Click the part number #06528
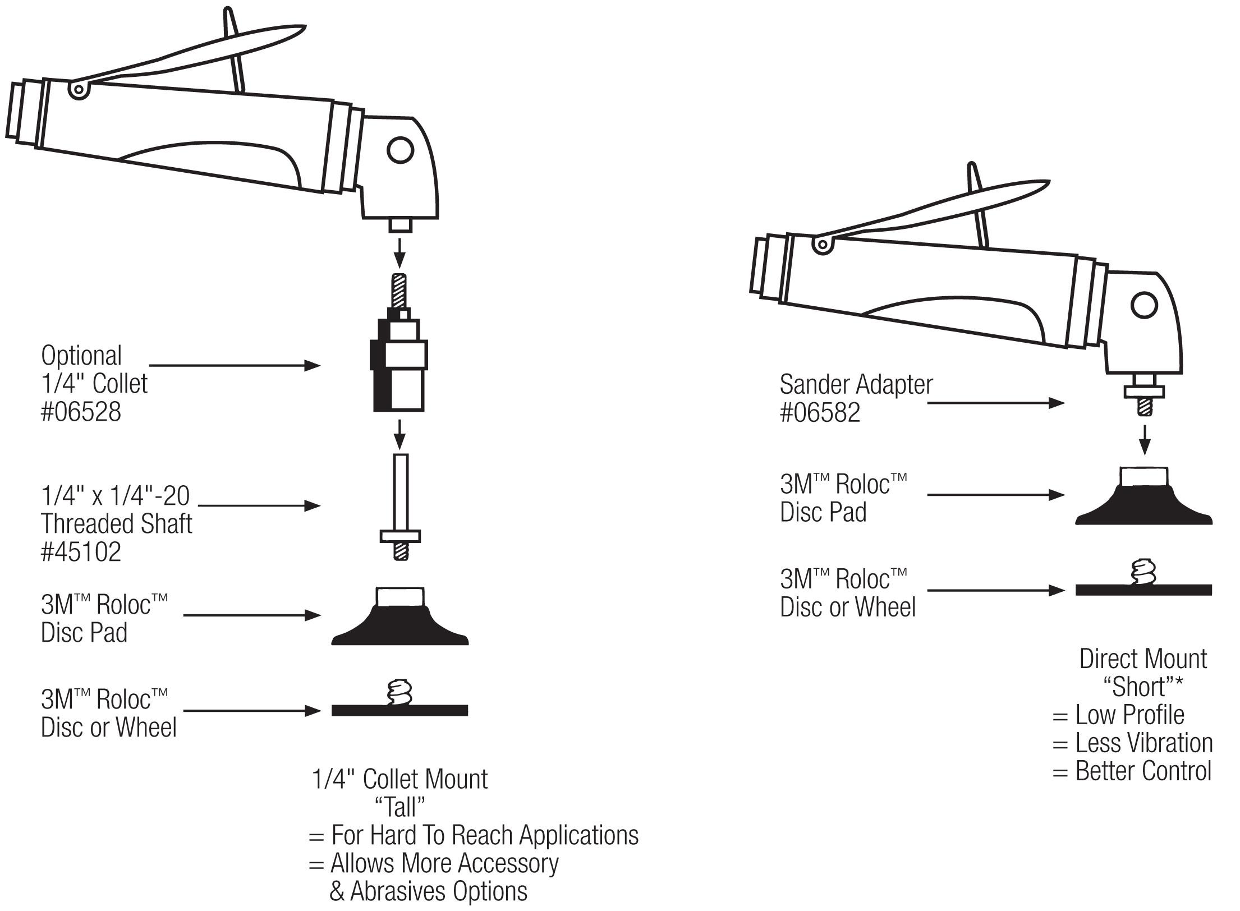[81, 412]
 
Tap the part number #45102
[81, 552]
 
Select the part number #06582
[820, 413]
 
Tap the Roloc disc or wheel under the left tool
[399, 709]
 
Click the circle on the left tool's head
[401, 150]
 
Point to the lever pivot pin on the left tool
[79, 90]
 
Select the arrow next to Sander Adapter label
[995, 402]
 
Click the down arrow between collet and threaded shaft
[399, 434]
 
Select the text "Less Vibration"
[1143, 743]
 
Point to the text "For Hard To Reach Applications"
[484, 835]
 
